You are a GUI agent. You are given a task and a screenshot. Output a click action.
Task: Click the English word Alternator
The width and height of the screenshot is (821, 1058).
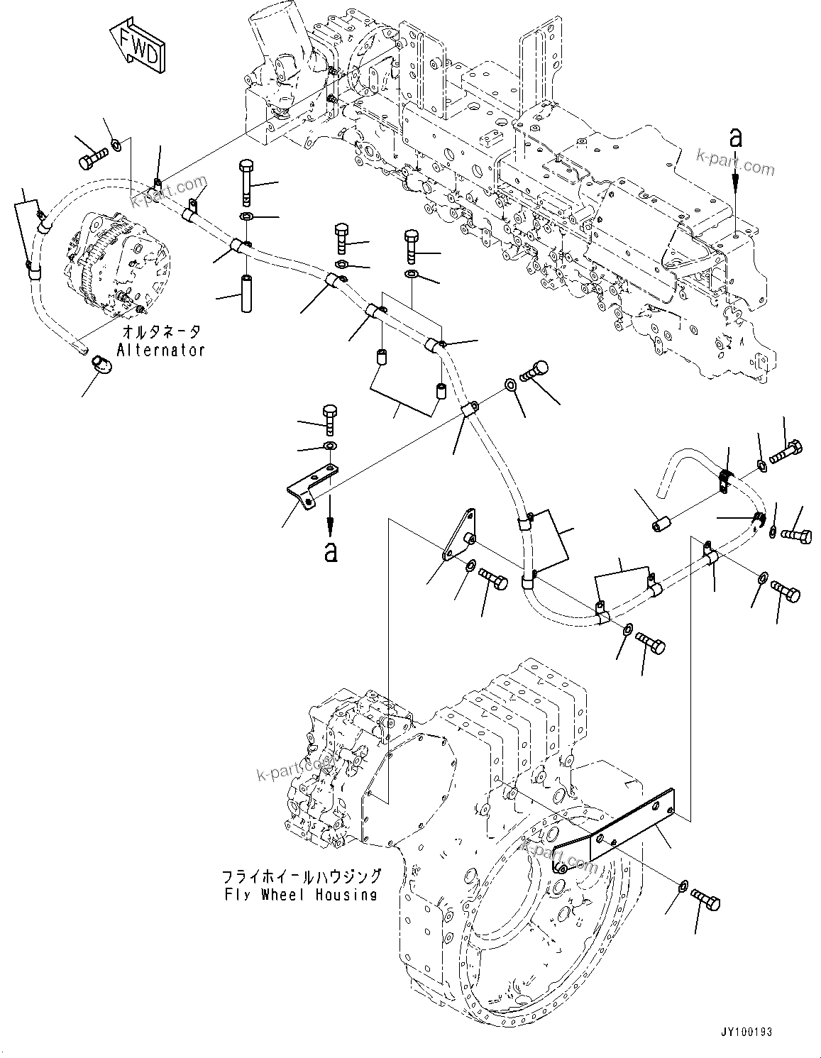click(x=161, y=350)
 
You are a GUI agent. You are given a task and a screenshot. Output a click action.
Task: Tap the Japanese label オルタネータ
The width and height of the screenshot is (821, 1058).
click(x=161, y=332)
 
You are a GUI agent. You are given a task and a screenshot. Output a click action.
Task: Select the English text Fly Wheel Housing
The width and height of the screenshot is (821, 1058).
click(x=297, y=894)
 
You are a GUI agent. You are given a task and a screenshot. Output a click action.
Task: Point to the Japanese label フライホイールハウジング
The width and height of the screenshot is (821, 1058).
click(x=301, y=876)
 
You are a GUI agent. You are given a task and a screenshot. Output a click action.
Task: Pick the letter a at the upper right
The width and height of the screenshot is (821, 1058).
click(x=736, y=139)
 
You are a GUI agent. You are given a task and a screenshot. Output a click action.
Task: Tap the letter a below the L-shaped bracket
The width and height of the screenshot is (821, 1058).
click(x=330, y=551)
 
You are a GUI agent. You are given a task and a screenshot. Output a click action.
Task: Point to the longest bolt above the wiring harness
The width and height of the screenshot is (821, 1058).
click(x=246, y=181)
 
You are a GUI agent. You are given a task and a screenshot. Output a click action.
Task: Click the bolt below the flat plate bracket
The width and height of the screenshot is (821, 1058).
click(x=705, y=900)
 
